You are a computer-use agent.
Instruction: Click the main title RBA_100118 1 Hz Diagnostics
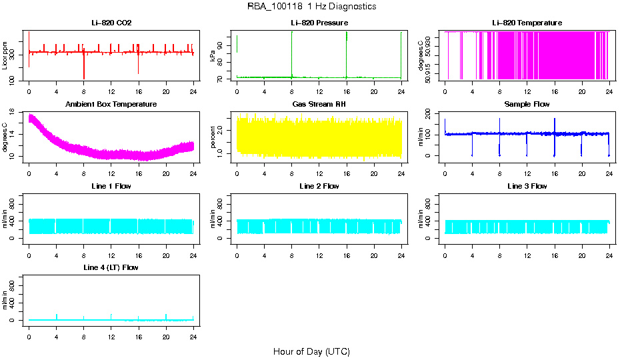click(311, 6)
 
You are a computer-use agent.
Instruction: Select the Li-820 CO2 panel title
click(111, 23)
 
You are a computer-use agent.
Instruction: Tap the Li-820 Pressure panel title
click(319, 23)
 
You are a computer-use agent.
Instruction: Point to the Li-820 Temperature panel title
click(527, 23)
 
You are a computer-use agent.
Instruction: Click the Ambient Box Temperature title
click(111, 104)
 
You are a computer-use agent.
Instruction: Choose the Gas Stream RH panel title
click(319, 104)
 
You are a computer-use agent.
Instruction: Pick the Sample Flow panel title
click(527, 104)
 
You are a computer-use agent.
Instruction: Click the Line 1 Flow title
click(111, 186)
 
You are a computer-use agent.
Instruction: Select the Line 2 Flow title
click(319, 186)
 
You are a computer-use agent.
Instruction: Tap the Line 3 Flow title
click(527, 186)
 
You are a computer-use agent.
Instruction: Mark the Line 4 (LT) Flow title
click(111, 267)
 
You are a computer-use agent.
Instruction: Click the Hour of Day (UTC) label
click(311, 351)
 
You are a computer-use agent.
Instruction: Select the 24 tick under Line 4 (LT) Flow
click(193, 331)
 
